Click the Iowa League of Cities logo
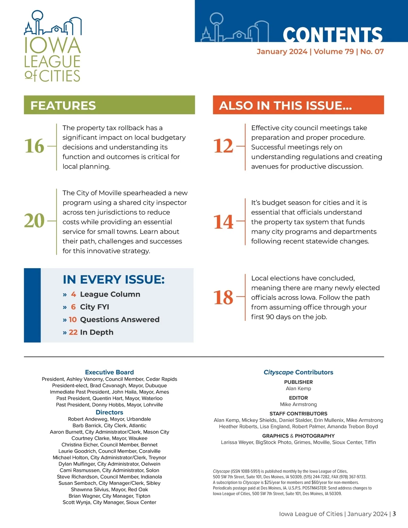tap(52, 47)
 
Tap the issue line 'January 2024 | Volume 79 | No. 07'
tap(320, 52)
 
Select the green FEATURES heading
tap(63, 105)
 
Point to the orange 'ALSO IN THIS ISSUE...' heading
tap(285, 105)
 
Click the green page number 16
tap(34, 146)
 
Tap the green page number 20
tap(34, 221)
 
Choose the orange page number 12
tap(223, 146)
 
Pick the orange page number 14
tap(223, 222)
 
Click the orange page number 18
tap(223, 297)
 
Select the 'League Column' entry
tap(110, 294)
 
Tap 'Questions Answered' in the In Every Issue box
tap(120, 320)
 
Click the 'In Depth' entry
tap(97, 332)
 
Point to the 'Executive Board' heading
tap(109, 372)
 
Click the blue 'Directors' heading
tap(109, 412)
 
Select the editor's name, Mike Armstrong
tap(298, 405)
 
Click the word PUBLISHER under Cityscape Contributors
tap(298, 382)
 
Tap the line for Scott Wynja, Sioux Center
tap(109, 502)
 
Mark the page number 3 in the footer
tap(394, 514)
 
